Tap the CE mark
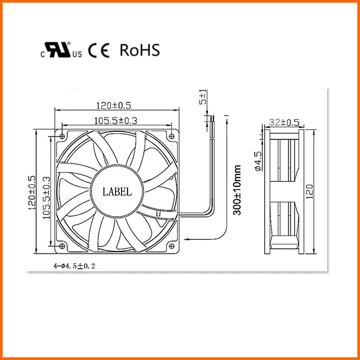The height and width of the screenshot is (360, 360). click(99, 51)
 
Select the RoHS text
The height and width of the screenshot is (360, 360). click(139, 50)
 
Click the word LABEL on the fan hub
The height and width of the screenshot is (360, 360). click(117, 192)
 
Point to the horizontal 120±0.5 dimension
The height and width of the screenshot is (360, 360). click(113, 106)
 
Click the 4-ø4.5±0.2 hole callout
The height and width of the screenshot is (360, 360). click(74, 266)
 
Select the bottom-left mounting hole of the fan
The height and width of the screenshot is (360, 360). click(62, 246)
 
